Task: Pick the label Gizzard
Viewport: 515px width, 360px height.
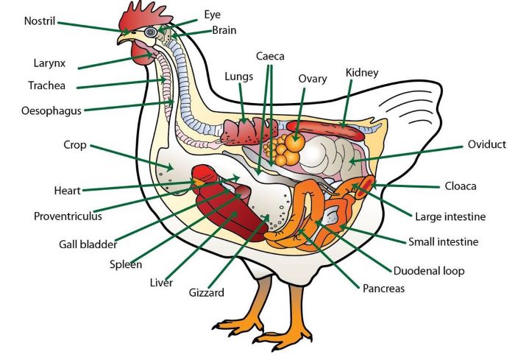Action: tap(205, 292)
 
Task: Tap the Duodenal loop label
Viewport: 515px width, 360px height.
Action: tap(428, 271)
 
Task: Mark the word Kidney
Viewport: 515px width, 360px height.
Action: tap(362, 73)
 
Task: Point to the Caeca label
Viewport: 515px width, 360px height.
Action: tap(270, 56)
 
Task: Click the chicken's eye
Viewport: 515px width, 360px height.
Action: tap(152, 32)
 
